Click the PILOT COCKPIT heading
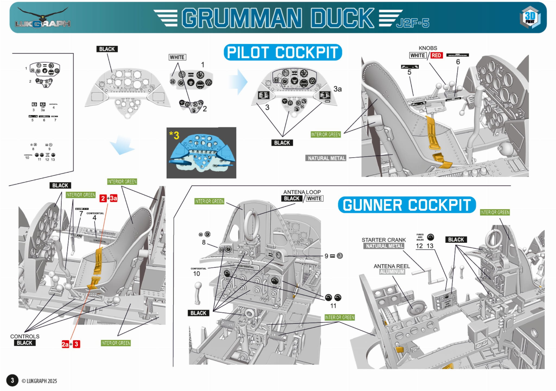click(282, 52)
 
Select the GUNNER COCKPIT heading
click(406, 205)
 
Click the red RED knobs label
click(436, 55)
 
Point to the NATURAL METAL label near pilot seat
click(326, 158)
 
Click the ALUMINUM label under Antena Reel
click(392, 272)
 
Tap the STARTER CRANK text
click(383, 240)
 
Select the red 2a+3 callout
click(71, 344)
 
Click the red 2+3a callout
click(108, 198)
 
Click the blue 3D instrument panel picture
click(201, 153)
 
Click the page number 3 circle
click(12, 380)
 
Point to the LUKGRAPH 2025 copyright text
click(39, 381)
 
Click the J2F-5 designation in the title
click(413, 23)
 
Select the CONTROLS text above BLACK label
click(25, 336)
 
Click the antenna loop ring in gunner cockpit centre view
click(252, 225)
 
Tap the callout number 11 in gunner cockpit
click(333, 306)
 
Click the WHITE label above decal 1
click(177, 57)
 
